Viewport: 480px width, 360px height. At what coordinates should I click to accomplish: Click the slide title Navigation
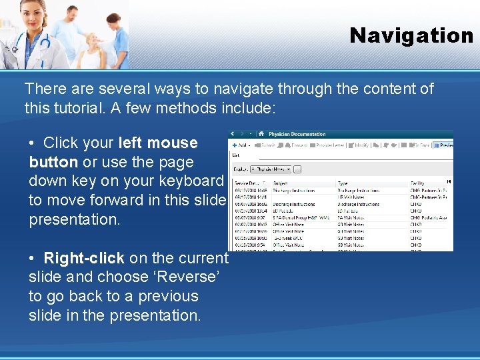411,35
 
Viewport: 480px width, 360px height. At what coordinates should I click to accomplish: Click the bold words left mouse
158,143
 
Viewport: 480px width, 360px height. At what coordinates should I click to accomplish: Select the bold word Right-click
84,258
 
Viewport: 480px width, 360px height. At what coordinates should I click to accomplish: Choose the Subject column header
281,182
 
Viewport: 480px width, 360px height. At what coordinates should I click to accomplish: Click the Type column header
343,182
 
